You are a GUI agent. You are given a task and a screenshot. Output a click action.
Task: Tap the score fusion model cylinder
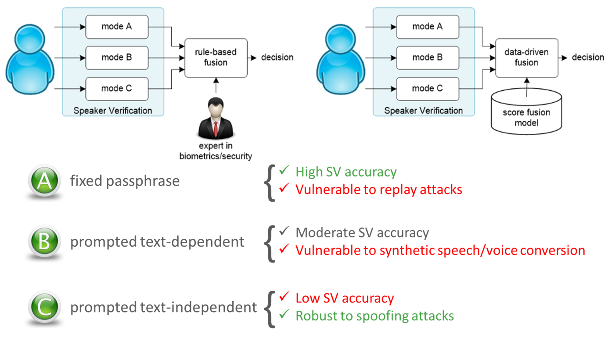(526, 115)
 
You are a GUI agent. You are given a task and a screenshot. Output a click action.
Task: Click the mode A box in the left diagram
(116, 26)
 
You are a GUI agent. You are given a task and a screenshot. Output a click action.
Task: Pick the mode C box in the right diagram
(428, 88)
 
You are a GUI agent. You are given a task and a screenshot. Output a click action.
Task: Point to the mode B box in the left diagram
(116, 57)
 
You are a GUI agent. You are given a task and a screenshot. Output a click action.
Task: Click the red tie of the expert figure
(216, 128)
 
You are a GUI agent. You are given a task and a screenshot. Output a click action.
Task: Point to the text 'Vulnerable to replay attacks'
(379, 189)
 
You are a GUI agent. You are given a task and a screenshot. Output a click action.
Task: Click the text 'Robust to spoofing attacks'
(374, 316)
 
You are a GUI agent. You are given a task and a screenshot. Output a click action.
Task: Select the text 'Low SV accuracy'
(345, 298)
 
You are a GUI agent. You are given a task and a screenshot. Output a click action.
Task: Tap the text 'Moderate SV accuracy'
(362, 233)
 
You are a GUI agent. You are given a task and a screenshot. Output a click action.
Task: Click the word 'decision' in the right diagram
(588, 58)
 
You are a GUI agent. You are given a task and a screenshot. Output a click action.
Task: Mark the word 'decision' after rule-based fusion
(277, 58)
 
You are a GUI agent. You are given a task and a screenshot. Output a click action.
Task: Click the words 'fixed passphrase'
(125, 181)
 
